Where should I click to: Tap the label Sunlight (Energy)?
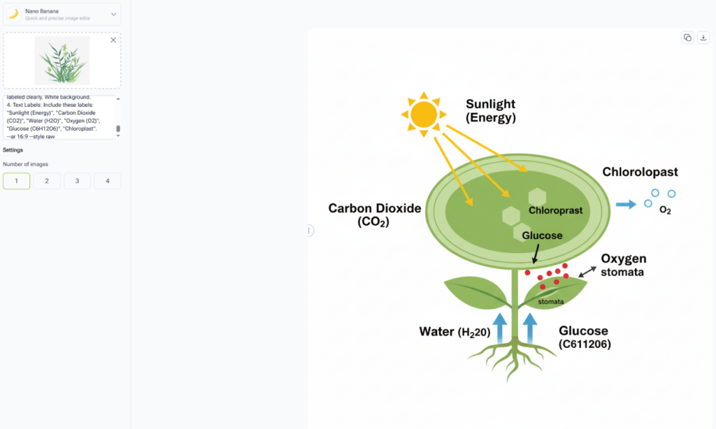click(490, 111)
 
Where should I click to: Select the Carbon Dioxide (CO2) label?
click(375, 215)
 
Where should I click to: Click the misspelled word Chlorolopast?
click(640, 172)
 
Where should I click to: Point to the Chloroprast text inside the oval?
click(555, 210)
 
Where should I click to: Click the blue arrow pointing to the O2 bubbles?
click(626, 204)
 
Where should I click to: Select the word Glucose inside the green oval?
click(542, 235)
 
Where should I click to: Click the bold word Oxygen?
click(624, 259)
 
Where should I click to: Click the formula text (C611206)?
click(585, 344)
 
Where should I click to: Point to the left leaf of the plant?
click(475, 292)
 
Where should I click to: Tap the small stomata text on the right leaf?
click(551, 302)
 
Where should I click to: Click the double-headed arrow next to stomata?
click(587, 272)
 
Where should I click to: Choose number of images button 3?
click(77, 181)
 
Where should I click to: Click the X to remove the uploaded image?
click(113, 40)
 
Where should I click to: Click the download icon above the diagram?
click(703, 38)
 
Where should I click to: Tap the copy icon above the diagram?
click(687, 38)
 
